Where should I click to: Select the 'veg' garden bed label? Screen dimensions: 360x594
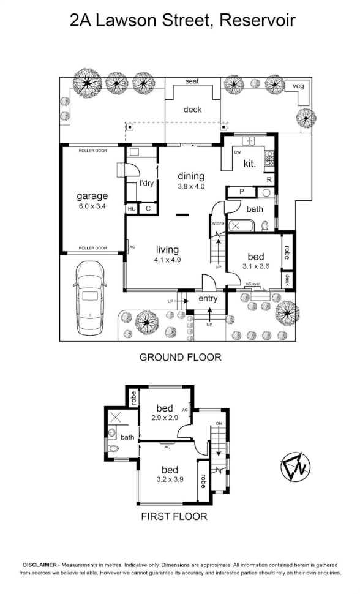point(299,86)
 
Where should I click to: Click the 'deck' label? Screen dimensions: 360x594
point(192,110)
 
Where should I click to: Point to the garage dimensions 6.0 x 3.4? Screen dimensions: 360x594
point(92,206)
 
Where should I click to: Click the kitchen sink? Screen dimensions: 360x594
point(249,141)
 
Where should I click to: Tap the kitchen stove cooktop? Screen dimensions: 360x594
point(269,159)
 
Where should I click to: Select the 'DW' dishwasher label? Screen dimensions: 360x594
point(238,152)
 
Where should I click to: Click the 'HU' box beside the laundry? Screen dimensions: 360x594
point(132,209)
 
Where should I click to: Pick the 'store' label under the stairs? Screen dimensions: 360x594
point(219,224)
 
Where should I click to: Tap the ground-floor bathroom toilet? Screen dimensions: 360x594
point(265,226)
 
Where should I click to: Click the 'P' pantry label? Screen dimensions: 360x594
point(242,192)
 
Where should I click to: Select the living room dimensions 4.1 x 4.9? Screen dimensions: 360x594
point(167,260)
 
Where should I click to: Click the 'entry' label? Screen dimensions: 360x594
point(208,298)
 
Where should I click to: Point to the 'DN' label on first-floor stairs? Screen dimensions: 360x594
point(219,423)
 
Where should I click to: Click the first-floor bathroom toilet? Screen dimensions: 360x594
point(113,448)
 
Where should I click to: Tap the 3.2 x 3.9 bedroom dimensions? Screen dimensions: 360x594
point(170,479)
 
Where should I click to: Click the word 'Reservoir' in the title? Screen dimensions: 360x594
point(258,20)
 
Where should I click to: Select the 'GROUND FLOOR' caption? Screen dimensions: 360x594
point(181,357)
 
